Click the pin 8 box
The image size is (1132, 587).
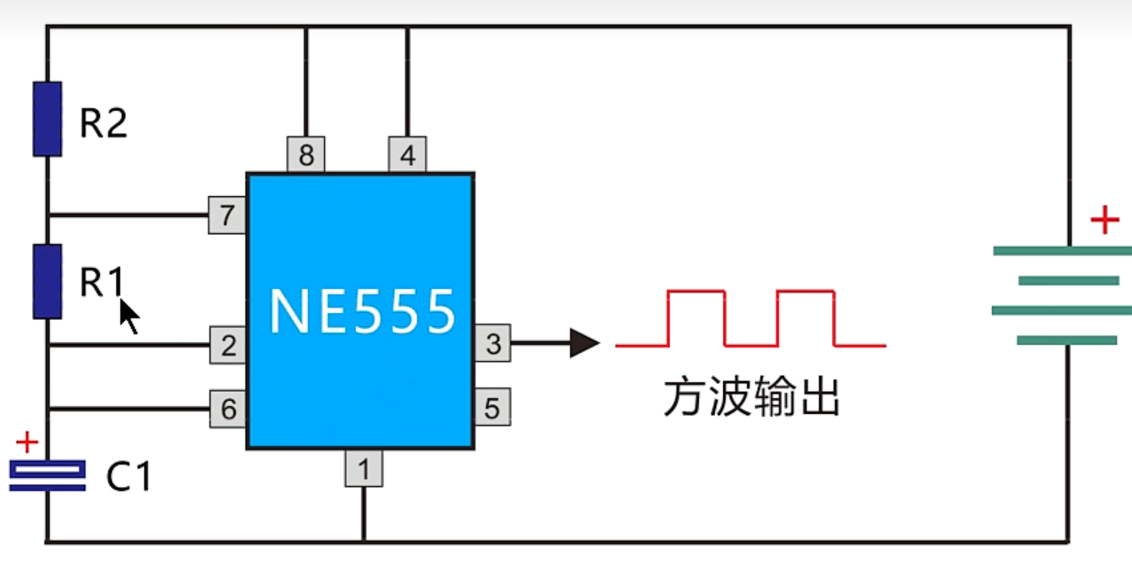tap(306, 154)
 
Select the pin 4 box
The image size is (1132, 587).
tap(407, 154)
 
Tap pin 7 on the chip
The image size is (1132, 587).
tap(227, 215)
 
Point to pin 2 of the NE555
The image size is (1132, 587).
tap(228, 345)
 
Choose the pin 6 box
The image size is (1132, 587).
tap(228, 409)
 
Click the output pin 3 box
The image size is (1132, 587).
tap(492, 343)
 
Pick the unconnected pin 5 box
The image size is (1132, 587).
tap(492, 407)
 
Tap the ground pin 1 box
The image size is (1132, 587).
tap(364, 468)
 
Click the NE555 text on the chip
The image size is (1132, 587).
tap(362, 312)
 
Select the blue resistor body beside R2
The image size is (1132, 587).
tap(48, 119)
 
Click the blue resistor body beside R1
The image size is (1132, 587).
tap(48, 281)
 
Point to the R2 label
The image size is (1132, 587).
tap(104, 122)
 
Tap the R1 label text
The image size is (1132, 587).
tap(101, 281)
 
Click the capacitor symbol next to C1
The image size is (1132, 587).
tap(48, 475)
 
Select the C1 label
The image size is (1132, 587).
tap(129, 476)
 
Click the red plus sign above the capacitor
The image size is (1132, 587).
tap(28, 442)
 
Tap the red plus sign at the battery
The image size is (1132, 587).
tap(1104, 220)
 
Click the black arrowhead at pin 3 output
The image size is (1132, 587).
tap(585, 343)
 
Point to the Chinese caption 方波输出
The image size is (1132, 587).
tap(751, 397)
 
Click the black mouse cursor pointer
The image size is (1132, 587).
tap(129, 317)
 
